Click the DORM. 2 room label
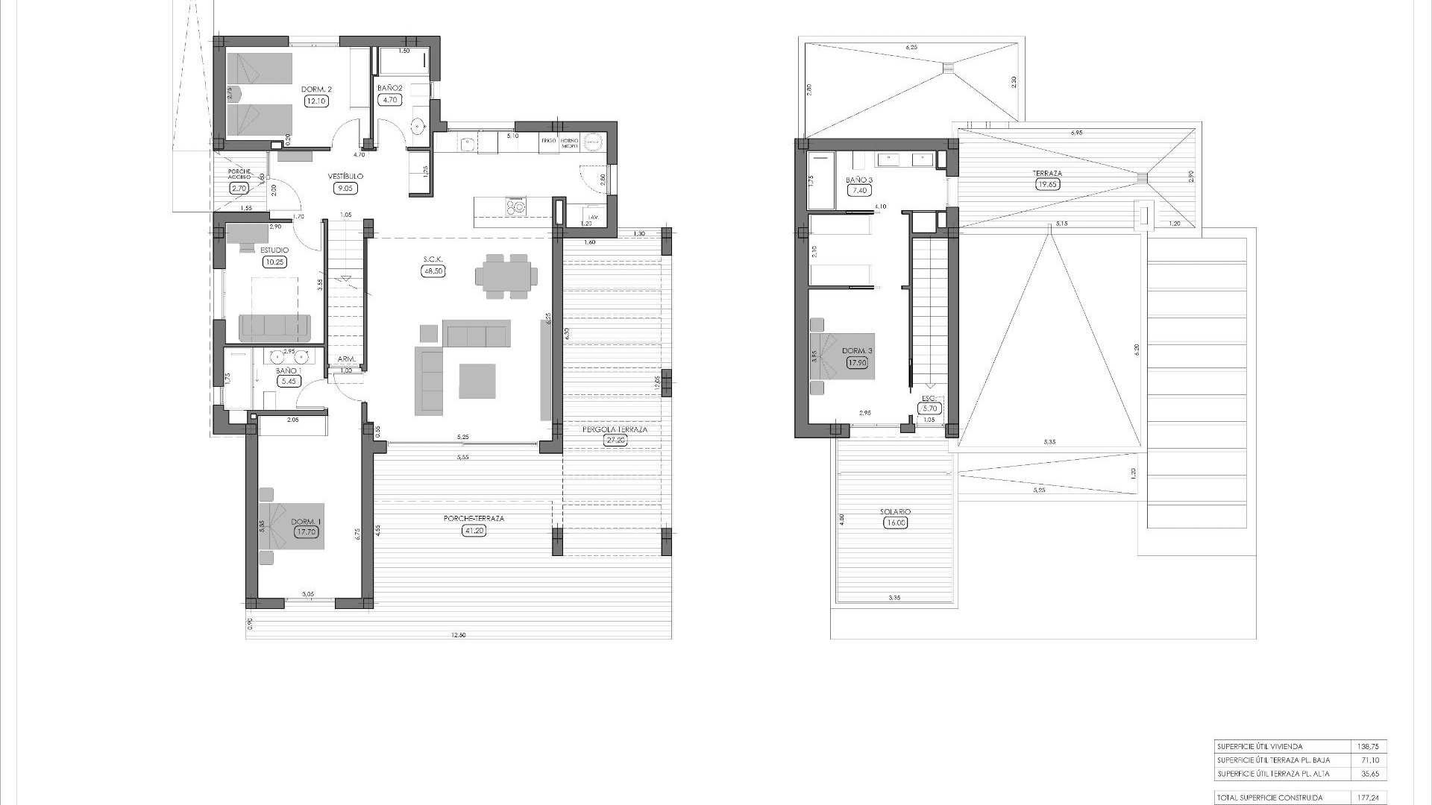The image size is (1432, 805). pyautogui.click(x=316, y=89)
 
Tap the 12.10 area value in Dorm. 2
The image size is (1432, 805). pyautogui.click(x=316, y=101)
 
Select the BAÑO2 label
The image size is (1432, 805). pyautogui.click(x=390, y=88)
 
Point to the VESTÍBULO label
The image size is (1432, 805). pyautogui.click(x=345, y=177)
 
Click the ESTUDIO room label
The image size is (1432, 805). pyautogui.click(x=274, y=250)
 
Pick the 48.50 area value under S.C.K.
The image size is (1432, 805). pyautogui.click(x=433, y=271)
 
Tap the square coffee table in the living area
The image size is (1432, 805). pyautogui.click(x=477, y=381)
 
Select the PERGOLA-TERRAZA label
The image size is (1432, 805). pyautogui.click(x=615, y=429)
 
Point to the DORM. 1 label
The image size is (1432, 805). pyautogui.click(x=307, y=522)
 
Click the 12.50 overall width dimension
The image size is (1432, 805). pyautogui.click(x=459, y=635)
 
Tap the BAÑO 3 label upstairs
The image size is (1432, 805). pyautogui.click(x=858, y=180)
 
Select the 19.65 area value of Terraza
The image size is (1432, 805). pyautogui.click(x=1048, y=184)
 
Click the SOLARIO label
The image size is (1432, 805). pyautogui.click(x=895, y=512)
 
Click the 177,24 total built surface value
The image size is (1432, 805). pyautogui.click(x=1369, y=798)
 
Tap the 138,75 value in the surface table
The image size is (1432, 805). pyautogui.click(x=1369, y=746)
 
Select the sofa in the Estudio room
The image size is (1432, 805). pyautogui.click(x=274, y=326)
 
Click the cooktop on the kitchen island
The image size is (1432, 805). pyautogui.click(x=515, y=205)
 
